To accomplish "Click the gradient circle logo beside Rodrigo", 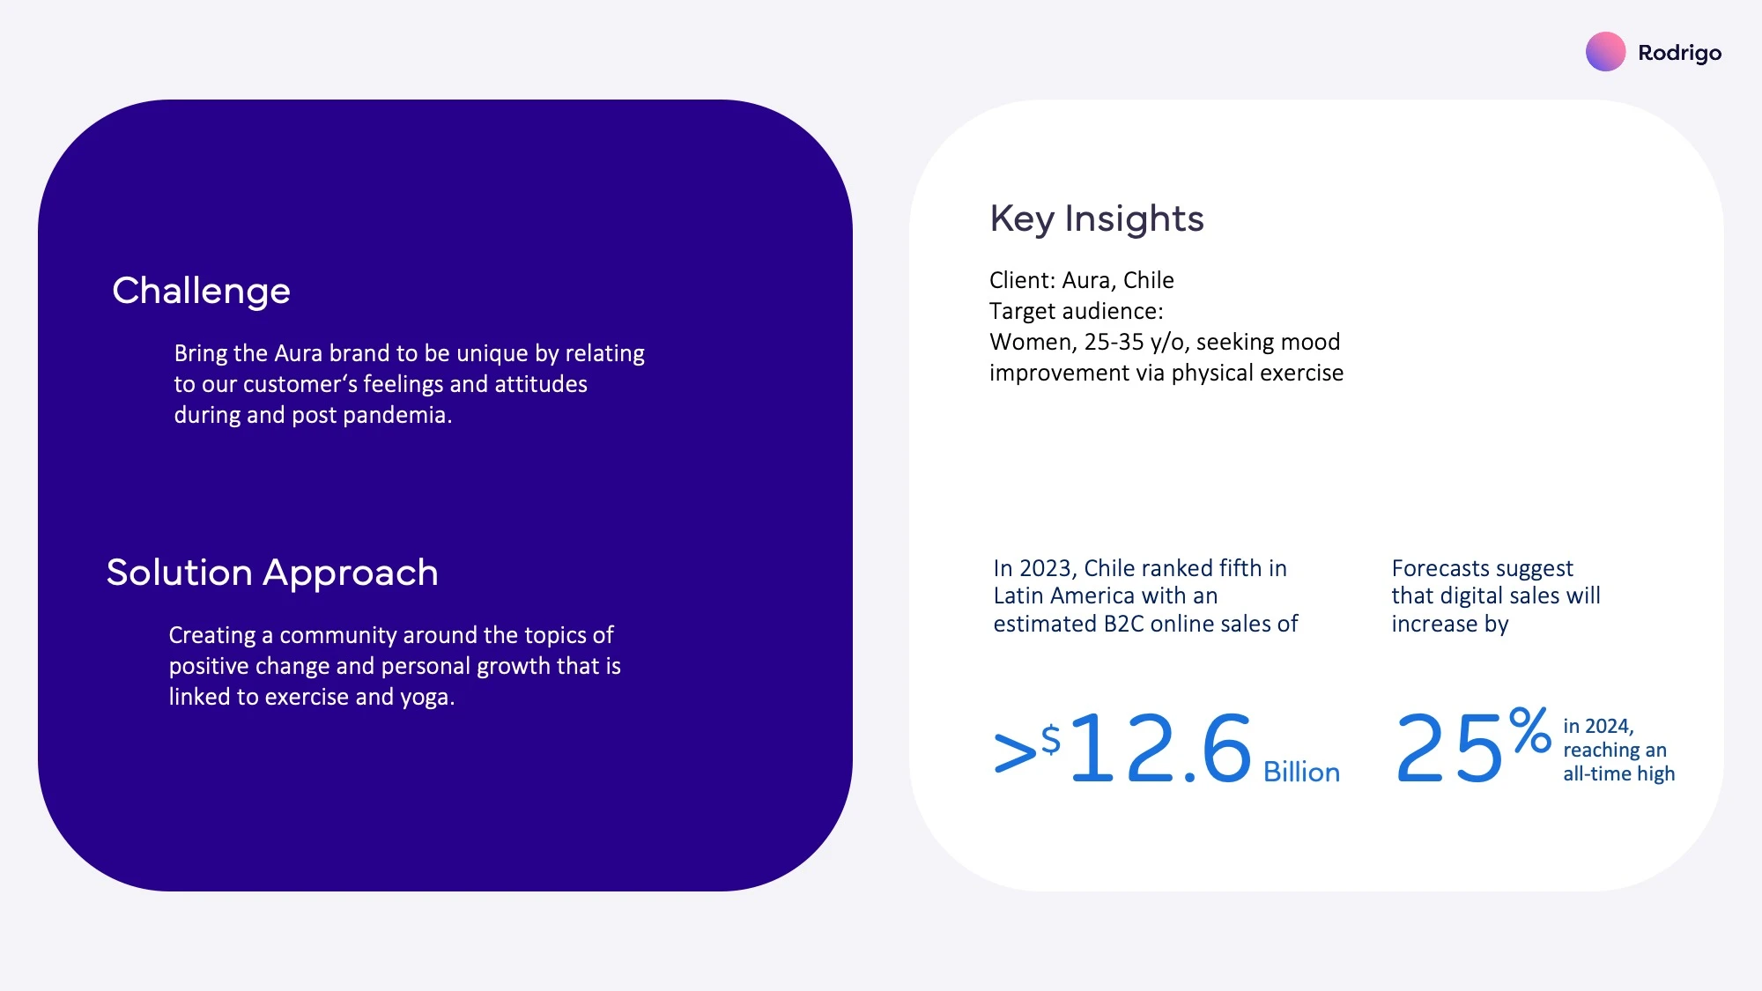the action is [1605, 52].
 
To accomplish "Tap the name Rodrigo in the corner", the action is [1679, 54].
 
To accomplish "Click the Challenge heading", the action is [201, 292].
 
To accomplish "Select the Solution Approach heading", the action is [272, 573].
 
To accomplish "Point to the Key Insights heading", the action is [1097, 219].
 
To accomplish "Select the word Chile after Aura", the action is [1149, 280].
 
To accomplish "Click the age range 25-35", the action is [1114, 342].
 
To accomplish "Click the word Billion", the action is [1301, 772].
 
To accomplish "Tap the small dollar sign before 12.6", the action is [1051, 739].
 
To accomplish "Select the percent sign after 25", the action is [1529, 730].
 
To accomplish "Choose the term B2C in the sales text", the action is [1124, 624].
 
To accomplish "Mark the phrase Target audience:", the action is [1076, 312].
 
